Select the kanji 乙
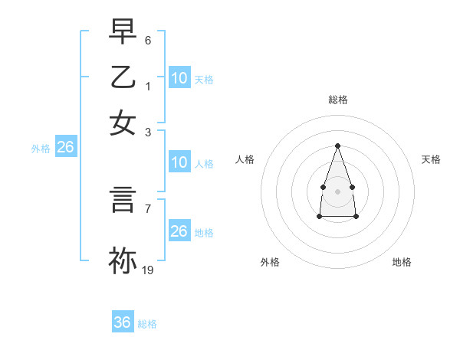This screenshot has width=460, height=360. coord(123,77)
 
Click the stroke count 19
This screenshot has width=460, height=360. coord(148,270)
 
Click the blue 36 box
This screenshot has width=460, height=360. coord(122,323)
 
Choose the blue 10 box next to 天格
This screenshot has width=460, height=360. coord(179,78)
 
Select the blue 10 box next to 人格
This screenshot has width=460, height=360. coord(179,162)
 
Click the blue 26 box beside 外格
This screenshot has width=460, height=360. coord(65,148)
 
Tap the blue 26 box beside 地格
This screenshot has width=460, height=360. coord(179,231)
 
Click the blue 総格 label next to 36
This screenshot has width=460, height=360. coord(147,324)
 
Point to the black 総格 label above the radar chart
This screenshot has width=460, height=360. coord(337,100)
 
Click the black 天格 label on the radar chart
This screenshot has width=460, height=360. coord(431,159)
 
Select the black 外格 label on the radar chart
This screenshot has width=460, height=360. coord(270,262)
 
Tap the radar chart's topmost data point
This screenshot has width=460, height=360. coord(337,146)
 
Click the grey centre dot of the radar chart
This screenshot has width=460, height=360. coord(337,190)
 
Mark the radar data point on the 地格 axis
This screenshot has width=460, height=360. coord(356,217)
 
